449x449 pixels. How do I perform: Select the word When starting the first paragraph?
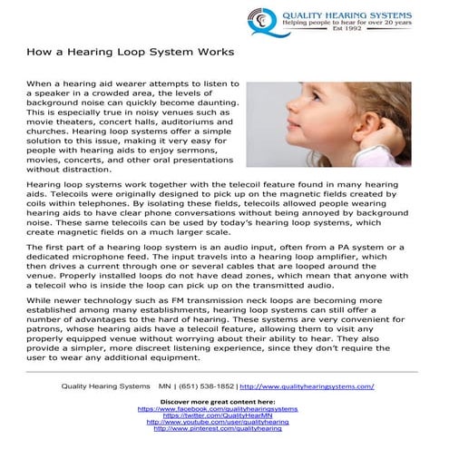40,83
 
